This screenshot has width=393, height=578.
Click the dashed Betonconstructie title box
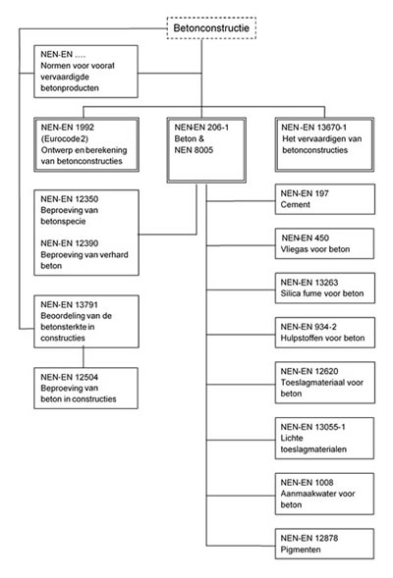pos(211,28)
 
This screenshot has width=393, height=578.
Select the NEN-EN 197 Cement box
pos(325,199)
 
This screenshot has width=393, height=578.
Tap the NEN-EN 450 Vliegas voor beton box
pos(324,243)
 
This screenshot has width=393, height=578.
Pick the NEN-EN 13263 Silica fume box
pos(325,288)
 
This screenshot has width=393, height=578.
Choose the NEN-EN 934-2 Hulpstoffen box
pos(325,333)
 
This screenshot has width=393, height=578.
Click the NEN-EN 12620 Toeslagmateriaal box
pos(325,383)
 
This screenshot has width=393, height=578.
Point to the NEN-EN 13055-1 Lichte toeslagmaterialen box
pos(324,438)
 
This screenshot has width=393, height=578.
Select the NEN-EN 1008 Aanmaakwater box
pos(324,494)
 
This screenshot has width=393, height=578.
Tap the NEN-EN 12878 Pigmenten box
pos(324,544)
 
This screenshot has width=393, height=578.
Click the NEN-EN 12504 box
pos(86,388)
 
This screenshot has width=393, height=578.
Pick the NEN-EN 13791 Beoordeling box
pos(86,322)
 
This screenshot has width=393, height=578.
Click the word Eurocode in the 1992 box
pos(62,139)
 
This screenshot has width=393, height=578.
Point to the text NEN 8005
pos(194,150)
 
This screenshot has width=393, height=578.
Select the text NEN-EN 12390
pos(70,243)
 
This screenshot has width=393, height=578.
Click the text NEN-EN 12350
pos(70,199)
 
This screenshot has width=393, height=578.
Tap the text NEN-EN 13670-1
pos(313,128)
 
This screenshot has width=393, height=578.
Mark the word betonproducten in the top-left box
pos(70,88)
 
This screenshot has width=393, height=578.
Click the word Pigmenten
pos(301,550)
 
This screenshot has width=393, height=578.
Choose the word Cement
pos(295,204)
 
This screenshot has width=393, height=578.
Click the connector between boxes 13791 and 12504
pos(84,357)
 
